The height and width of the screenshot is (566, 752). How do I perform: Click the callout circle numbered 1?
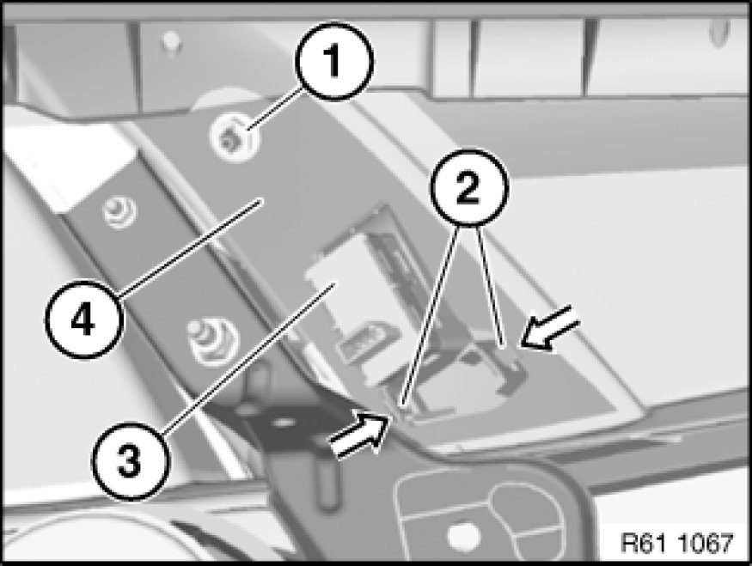pos(333,61)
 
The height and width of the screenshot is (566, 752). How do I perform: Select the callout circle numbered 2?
pos(468,187)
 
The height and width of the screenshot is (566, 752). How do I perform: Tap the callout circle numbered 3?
pos(131,461)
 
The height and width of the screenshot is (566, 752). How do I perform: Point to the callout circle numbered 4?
pos(83,320)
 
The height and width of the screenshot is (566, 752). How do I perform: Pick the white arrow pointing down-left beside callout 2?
pos(550,327)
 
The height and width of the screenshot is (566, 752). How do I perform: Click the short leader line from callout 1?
pos(274,108)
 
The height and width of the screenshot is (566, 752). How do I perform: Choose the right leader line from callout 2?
pos(490,286)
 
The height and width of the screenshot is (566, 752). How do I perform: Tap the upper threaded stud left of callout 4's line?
pos(119,211)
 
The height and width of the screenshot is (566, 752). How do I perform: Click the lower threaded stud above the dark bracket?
pos(211,339)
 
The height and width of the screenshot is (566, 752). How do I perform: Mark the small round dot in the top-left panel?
pos(170,40)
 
